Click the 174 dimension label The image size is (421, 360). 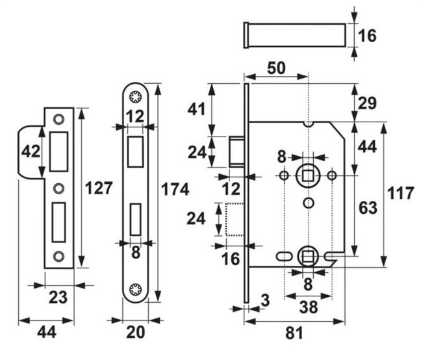coord(175,189)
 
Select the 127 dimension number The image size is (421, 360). coord(99,188)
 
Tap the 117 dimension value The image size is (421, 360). coord(401,193)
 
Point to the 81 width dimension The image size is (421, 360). coord(294,333)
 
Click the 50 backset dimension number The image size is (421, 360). coord(276,68)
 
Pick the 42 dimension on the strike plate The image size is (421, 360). coord(31,151)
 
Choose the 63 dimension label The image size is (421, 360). coord(368,208)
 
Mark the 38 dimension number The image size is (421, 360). coord(309,307)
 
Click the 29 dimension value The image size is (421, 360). coord(367,103)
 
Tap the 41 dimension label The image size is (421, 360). coord(196,109)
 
